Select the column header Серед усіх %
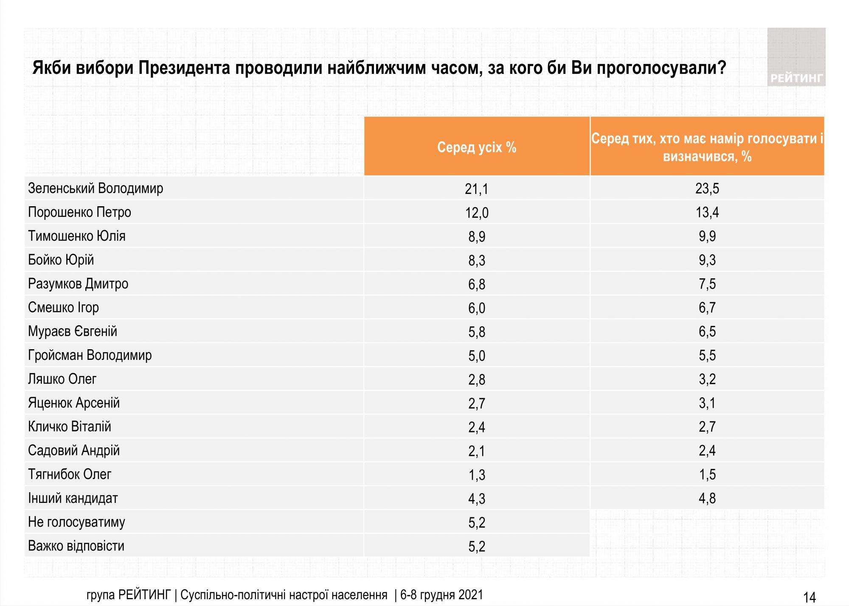[x=477, y=147]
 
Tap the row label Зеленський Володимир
[x=96, y=188]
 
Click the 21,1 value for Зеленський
[x=477, y=189]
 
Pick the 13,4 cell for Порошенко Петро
[x=707, y=212]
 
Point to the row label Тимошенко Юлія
[x=77, y=236]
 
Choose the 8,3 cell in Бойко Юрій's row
[x=477, y=260]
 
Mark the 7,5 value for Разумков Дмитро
[x=707, y=284]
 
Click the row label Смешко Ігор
[x=63, y=307]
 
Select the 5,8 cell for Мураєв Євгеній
[x=477, y=332]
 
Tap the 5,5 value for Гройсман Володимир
[x=707, y=355]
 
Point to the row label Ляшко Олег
[x=62, y=379]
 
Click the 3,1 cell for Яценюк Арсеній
[x=707, y=403]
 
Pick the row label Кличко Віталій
[x=70, y=426]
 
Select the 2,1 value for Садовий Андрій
[x=477, y=451]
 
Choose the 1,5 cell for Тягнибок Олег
[x=707, y=474]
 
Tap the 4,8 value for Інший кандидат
[x=707, y=498]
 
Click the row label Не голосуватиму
[x=76, y=522]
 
